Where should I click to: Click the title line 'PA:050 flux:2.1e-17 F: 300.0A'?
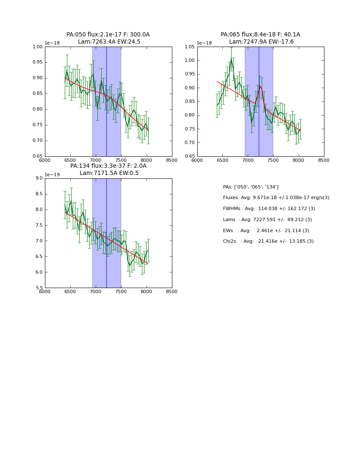click(108, 35)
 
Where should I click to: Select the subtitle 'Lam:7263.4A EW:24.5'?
click(109, 42)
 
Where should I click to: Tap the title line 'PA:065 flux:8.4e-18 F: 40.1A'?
click(260, 35)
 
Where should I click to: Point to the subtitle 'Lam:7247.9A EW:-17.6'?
click(261, 42)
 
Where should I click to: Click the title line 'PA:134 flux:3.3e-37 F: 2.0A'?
click(108, 166)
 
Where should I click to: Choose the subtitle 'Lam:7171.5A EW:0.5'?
click(109, 173)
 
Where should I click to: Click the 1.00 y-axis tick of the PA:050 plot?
click(38, 47)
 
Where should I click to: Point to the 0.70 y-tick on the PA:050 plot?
click(38, 141)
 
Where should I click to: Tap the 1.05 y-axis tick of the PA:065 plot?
click(190, 47)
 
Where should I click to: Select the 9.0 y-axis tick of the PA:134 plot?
click(39, 178)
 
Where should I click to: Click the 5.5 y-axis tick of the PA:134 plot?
click(39, 288)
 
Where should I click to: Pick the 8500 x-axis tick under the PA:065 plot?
click(324, 160)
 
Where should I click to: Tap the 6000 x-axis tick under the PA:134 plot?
click(45, 291)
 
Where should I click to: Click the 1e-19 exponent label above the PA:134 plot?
click(52, 175)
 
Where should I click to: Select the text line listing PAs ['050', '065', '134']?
click(251, 187)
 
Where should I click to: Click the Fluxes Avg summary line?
click(276, 198)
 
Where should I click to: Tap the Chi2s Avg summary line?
click(268, 241)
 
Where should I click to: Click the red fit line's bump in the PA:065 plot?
click(260, 86)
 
